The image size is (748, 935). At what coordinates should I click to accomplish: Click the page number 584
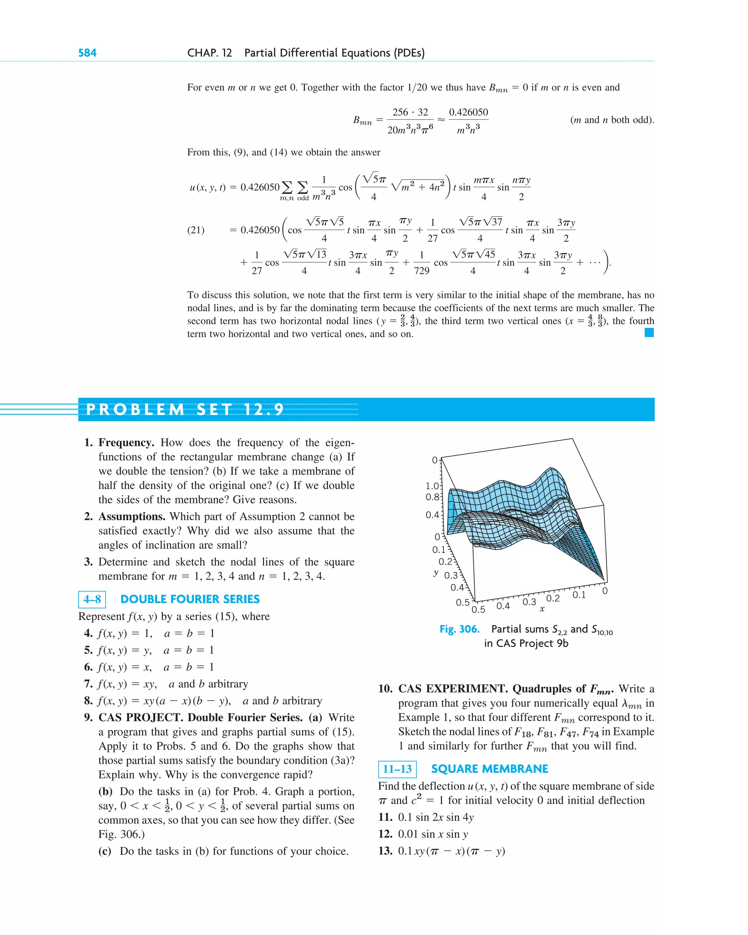(87, 53)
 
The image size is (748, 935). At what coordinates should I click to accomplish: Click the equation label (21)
(196, 230)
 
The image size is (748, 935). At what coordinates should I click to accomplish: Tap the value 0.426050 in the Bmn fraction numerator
(468, 112)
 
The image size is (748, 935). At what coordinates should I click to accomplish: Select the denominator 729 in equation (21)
(421, 271)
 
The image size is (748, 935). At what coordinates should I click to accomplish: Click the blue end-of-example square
(649, 333)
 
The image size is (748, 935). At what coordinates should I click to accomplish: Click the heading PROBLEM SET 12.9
(185, 409)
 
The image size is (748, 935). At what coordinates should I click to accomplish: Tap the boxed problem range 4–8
(92, 599)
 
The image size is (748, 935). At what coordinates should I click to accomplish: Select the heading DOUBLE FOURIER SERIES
(190, 599)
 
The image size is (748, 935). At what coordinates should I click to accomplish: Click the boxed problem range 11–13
(397, 769)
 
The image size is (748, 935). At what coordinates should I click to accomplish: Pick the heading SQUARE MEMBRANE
(489, 769)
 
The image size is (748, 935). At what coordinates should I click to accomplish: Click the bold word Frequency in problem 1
(126, 442)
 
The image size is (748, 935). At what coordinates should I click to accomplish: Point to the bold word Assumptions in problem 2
(132, 517)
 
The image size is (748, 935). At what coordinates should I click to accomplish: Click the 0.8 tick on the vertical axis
(432, 497)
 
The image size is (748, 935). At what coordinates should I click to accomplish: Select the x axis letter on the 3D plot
(542, 609)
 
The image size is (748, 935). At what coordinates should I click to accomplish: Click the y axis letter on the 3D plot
(436, 573)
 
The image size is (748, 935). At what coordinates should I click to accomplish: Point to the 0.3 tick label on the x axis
(529, 602)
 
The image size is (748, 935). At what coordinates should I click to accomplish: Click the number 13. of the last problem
(385, 851)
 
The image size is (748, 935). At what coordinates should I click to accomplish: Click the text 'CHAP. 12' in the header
(210, 53)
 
